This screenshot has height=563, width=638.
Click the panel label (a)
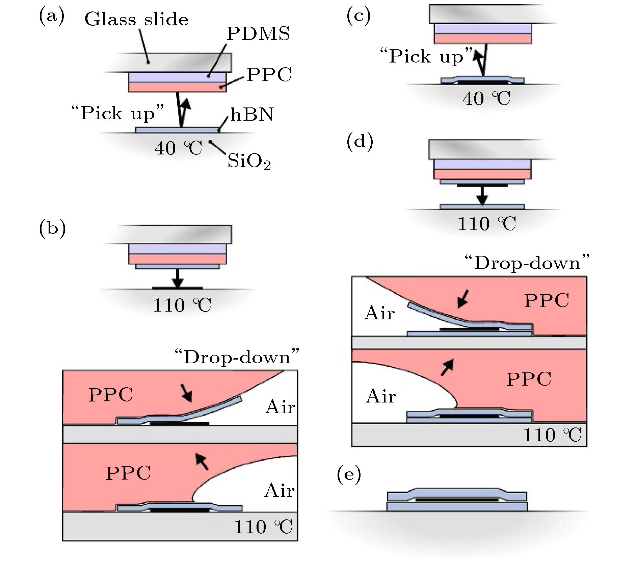point(52,17)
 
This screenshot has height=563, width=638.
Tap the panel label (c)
point(358,16)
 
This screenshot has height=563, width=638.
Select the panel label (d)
point(360,141)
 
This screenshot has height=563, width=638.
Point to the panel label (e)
point(349,474)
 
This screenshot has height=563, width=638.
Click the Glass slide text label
point(136,19)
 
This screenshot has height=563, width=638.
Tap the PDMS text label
point(258,33)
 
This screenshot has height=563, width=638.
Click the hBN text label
point(252,115)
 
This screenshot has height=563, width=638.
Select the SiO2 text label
point(249,161)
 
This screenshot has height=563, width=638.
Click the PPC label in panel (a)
point(269,75)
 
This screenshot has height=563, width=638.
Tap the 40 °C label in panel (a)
point(178,148)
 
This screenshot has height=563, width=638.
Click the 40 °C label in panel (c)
point(486,99)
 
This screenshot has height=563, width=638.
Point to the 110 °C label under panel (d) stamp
point(486,224)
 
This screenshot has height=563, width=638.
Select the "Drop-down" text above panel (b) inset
point(236,357)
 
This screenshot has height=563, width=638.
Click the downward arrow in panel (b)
point(177,279)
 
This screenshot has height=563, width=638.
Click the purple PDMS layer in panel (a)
point(177,77)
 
